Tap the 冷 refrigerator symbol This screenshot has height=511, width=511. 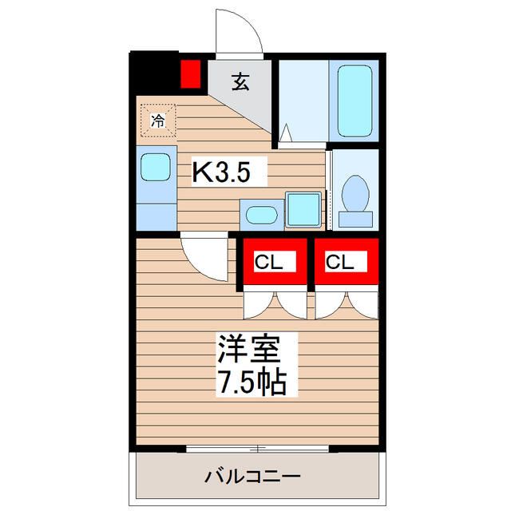click(x=158, y=121)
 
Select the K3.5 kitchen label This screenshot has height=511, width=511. click(x=228, y=172)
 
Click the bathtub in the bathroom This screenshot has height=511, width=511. click(x=355, y=101)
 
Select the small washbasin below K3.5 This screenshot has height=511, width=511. click(x=261, y=215)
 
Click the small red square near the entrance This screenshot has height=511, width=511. click(x=190, y=74)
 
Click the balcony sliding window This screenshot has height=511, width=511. click(x=258, y=449)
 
